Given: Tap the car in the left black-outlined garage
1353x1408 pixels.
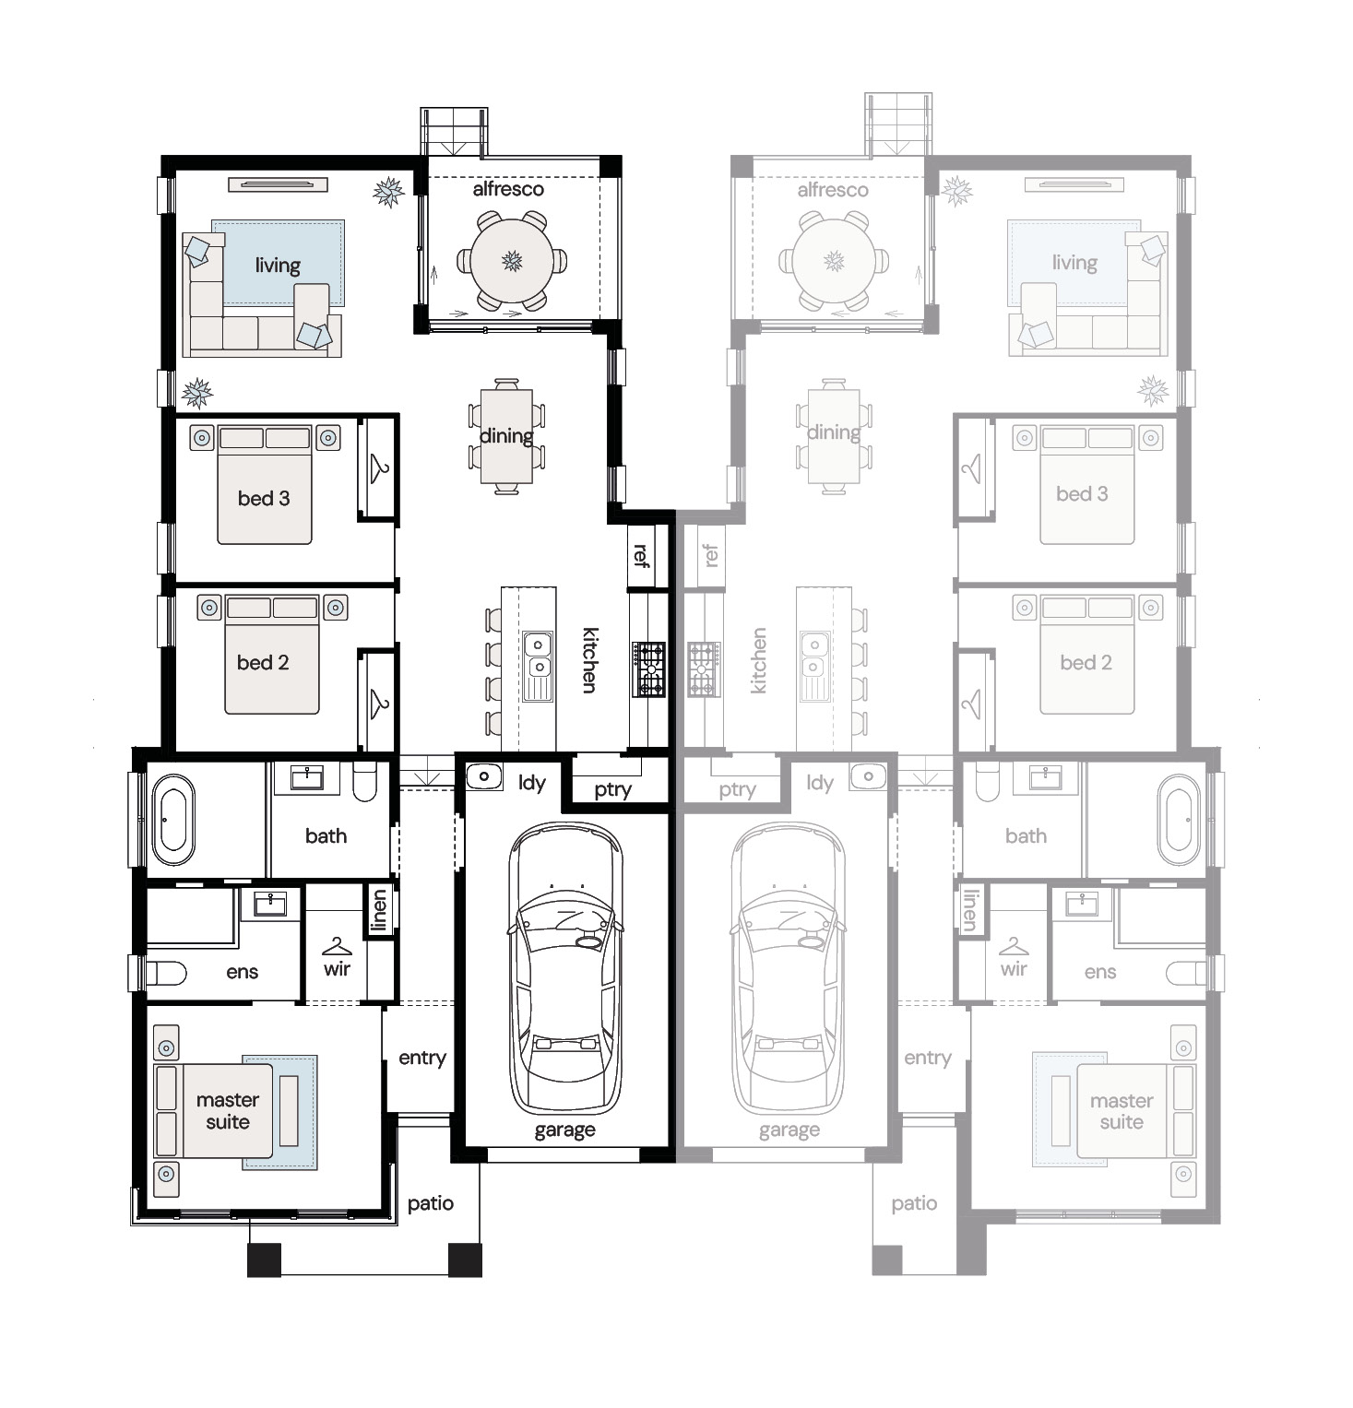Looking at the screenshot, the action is pos(564,968).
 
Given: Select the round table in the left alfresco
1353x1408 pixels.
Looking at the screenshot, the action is pos(513,261).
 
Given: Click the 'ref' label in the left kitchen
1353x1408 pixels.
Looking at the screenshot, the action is pos(641,555).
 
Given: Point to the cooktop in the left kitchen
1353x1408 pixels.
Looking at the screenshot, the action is pos(649,669).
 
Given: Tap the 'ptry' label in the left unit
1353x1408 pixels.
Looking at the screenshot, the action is pos(612,789).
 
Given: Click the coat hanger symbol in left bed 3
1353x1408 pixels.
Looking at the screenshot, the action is pos(378,467).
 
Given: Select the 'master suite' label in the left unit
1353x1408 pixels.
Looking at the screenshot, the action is pos(228,1111).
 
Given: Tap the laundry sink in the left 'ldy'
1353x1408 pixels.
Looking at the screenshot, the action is pos(483,776).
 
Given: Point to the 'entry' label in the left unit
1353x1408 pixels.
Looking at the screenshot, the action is pos(422,1059).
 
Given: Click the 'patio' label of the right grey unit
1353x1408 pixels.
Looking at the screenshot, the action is pos(914,1203).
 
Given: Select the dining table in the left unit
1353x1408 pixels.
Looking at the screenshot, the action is pos(506,436).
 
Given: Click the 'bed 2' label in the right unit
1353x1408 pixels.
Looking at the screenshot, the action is pos(1086,662).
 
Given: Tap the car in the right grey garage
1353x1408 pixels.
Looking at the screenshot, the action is pos(788,968).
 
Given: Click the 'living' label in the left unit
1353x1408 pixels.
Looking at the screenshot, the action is pos(278,266).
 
